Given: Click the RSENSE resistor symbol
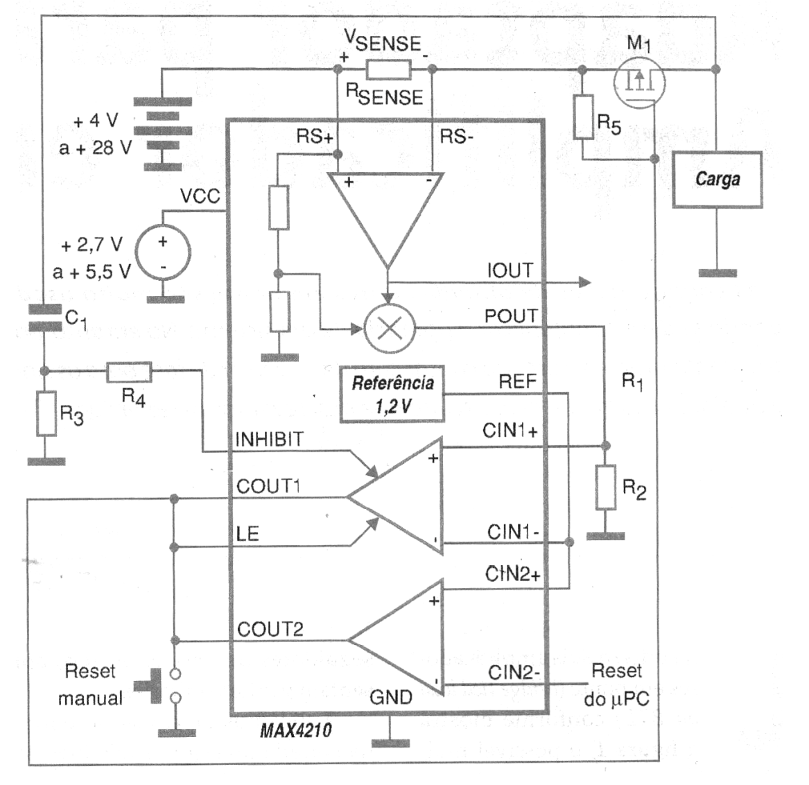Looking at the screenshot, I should (x=388, y=69).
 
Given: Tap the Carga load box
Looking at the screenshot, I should (x=717, y=179).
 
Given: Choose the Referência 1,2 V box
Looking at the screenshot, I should (x=392, y=394).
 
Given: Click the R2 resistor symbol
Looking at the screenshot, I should (x=606, y=488).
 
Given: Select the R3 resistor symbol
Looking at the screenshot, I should (x=46, y=413).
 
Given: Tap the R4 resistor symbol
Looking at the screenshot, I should (x=129, y=372).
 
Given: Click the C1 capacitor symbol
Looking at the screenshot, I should (x=45, y=318).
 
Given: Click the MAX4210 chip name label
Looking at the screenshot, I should (x=296, y=730).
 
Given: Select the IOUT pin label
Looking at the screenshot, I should (x=510, y=271).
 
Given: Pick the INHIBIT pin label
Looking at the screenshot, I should (x=270, y=439).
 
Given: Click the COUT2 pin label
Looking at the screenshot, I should (x=270, y=630).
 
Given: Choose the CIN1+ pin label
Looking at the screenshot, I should (x=510, y=431).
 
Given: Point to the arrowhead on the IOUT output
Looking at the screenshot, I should (x=585, y=282).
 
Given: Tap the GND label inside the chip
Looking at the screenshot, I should (x=391, y=697).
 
